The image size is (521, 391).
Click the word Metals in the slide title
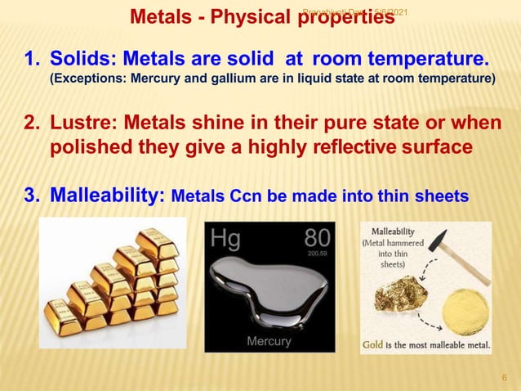click(x=159, y=16)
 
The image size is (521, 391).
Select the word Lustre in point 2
click(x=78, y=124)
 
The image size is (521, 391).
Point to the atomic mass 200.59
click(x=317, y=254)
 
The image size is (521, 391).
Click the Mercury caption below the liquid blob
click(x=269, y=341)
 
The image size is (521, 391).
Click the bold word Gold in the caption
click(x=377, y=344)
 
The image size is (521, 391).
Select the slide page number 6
click(x=504, y=377)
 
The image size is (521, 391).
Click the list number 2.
click(x=30, y=124)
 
